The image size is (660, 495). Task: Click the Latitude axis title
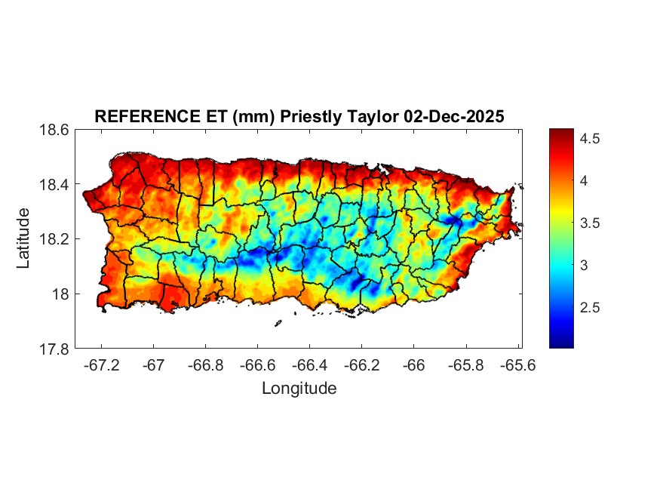click(x=23, y=238)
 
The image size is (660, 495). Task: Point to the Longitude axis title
click(x=299, y=389)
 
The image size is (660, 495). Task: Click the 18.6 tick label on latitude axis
click(x=54, y=130)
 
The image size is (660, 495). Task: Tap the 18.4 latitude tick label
click(x=54, y=185)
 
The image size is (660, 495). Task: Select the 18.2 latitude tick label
click(x=54, y=239)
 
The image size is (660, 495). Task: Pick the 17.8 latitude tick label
click(x=54, y=349)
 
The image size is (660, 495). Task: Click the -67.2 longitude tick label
click(x=102, y=364)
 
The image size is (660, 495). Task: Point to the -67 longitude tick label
click(x=154, y=364)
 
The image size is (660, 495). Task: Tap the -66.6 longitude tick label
click(x=257, y=364)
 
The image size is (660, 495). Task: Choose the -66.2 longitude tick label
click(x=361, y=364)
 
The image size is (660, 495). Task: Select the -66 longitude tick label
click(x=413, y=364)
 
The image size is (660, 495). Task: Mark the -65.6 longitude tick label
click(x=517, y=364)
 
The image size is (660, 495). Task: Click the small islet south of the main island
click(x=278, y=323)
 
